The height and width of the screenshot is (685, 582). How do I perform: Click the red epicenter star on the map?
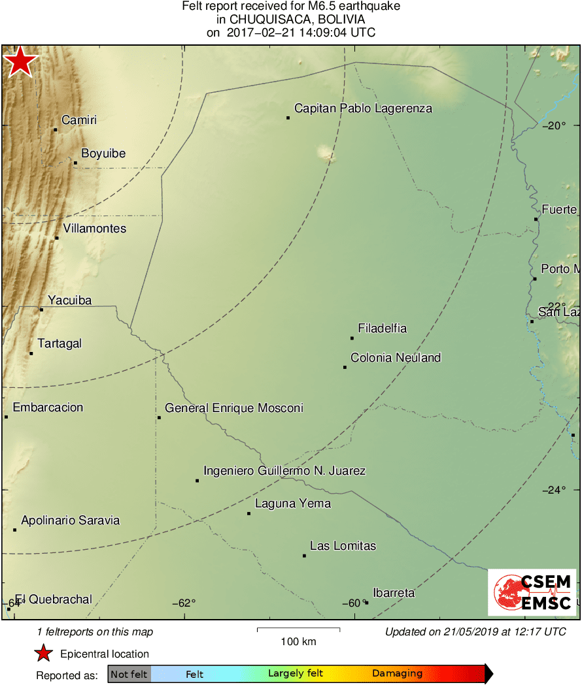tap(22, 62)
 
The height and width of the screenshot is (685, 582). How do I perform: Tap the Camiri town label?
tap(79, 120)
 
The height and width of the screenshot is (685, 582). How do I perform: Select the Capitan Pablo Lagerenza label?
tap(363, 108)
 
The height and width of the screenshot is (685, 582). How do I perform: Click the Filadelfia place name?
tap(382, 328)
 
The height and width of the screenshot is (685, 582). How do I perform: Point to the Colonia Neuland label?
tap(396, 358)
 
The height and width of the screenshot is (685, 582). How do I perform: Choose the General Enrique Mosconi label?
tap(234, 408)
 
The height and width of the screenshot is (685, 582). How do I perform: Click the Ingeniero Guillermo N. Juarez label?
tap(284, 471)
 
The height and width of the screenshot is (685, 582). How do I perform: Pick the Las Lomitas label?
tap(343, 546)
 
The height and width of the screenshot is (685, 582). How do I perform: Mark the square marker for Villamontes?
tap(57, 238)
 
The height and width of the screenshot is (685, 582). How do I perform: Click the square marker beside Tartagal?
tap(31, 353)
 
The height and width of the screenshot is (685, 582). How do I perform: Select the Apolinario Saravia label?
tap(71, 520)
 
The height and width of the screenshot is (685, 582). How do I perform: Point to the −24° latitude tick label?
tap(555, 490)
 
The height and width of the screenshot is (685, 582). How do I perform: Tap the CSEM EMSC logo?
tap(532, 592)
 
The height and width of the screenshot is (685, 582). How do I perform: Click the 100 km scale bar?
tap(298, 629)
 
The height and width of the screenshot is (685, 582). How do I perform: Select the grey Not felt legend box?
tap(129, 674)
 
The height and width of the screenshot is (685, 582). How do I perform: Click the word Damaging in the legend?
tap(398, 674)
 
